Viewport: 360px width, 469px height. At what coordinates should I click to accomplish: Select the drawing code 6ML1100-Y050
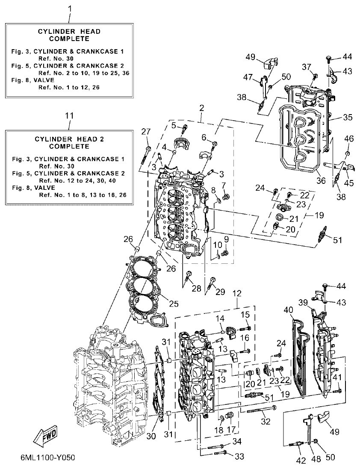tap(47, 457)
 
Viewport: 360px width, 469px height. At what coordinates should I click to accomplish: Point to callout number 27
tap(146, 131)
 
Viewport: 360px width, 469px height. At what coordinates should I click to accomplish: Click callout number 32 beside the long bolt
tap(266, 421)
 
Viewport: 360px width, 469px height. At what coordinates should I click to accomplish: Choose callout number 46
tap(349, 139)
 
